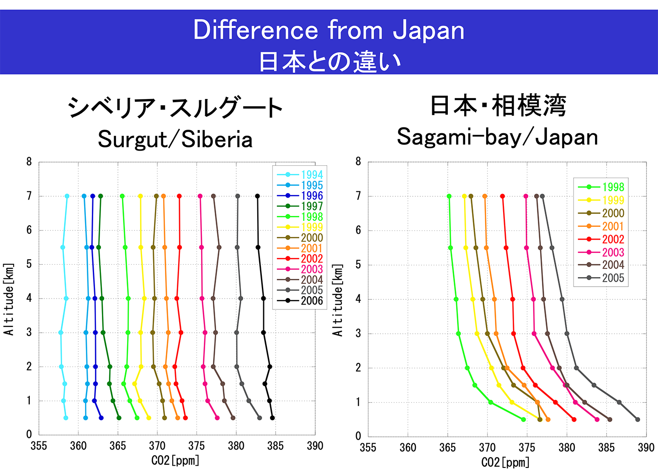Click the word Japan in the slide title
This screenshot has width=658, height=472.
429,31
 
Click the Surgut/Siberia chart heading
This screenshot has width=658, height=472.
175,139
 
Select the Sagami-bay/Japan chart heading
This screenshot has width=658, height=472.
497,136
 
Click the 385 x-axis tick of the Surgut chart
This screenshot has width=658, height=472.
276,446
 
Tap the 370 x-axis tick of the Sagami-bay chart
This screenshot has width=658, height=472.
488,448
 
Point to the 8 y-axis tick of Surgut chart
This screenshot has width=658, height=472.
29,162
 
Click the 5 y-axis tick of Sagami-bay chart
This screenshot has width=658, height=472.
358,265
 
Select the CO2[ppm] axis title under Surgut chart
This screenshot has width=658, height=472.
175,460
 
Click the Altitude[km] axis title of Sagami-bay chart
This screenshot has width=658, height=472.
338,300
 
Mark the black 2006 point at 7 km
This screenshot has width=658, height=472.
258,196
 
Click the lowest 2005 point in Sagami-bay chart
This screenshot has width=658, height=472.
637,420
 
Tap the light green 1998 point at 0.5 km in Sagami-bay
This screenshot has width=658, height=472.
524,419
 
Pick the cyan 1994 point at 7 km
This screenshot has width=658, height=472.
67,196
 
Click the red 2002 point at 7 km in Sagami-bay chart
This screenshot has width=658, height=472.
503,196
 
